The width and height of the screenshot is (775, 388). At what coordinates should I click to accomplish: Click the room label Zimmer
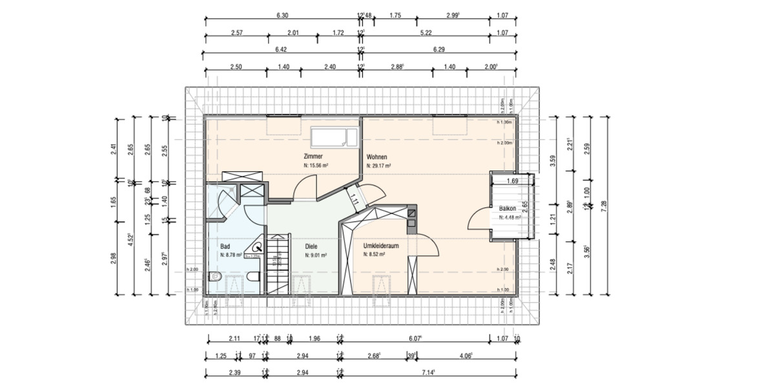[313, 156]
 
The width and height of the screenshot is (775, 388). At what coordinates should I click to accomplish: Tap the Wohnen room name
[377, 157]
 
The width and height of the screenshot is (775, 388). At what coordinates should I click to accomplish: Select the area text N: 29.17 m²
[380, 166]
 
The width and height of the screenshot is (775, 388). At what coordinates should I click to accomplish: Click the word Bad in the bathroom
[225, 246]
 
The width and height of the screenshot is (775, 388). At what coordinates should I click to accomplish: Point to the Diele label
[312, 246]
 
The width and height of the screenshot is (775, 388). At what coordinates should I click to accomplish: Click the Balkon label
[508, 209]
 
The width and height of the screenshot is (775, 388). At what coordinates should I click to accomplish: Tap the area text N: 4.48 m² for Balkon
[510, 217]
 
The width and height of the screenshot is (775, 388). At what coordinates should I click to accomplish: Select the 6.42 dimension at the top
[280, 49]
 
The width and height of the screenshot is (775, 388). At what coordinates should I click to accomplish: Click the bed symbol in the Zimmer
[334, 138]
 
